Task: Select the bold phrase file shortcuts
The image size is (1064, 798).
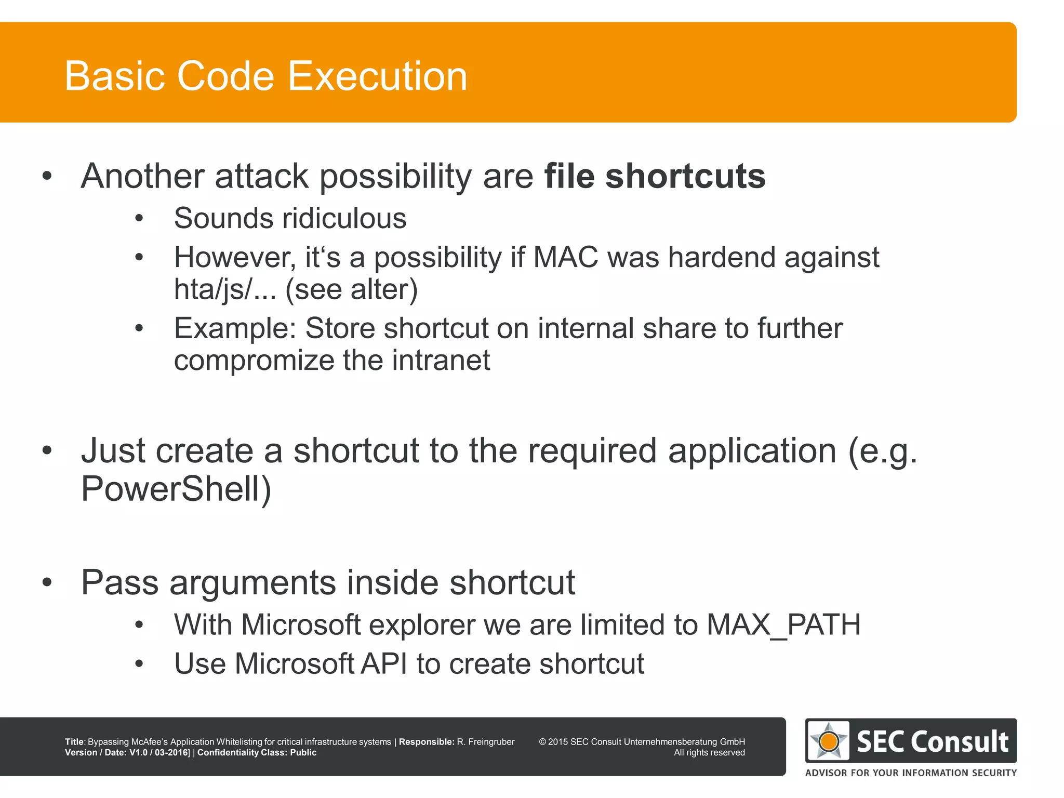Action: point(655,176)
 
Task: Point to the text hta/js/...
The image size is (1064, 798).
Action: point(214,289)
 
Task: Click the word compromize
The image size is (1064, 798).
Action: point(253,361)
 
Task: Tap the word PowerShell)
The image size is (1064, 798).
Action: point(176,489)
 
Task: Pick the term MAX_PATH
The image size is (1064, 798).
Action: point(783,624)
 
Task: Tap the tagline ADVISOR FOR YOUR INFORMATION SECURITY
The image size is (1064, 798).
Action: point(911,773)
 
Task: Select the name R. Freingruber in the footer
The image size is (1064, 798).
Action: point(485,742)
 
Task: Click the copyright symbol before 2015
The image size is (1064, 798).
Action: point(542,742)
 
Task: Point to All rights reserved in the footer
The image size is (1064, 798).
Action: point(709,753)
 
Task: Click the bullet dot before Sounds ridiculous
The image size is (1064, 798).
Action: point(139,219)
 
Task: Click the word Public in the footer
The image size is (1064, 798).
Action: point(303,753)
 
